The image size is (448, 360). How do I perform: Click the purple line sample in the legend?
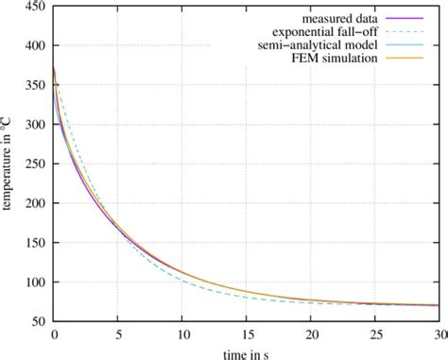(406, 19)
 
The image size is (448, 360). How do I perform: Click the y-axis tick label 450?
(35, 7)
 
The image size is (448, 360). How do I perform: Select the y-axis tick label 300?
(35, 125)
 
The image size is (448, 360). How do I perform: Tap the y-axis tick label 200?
(35, 204)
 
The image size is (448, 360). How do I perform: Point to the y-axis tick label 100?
(35, 283)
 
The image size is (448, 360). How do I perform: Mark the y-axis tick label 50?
(38, 322)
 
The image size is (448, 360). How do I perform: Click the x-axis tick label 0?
(54, 335)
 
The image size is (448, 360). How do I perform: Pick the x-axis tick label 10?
(181, 335)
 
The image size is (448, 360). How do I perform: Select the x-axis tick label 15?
(246, 335)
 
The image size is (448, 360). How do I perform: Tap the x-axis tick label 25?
(374, 335)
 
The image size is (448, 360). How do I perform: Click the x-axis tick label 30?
(437, 335)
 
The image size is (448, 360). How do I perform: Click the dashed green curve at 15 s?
(246, 296)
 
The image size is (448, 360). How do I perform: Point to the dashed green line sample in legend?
(406, 33)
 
